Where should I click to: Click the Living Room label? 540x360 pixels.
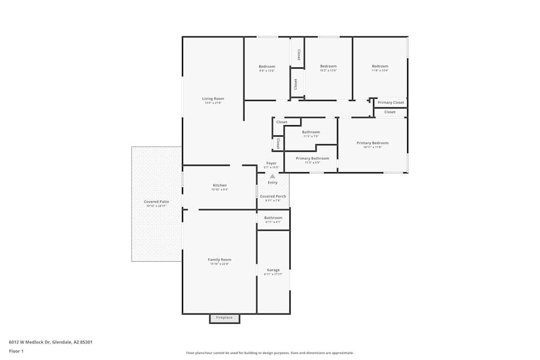click(213, 99)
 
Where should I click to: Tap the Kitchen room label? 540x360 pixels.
click(219, 186)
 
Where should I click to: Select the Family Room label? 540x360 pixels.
click(219, 260)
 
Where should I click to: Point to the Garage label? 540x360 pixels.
click(273, 270)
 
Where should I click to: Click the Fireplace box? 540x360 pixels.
click(224, 318)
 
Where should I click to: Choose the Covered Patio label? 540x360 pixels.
click(156, 202)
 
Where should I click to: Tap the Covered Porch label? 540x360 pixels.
click(273, 196)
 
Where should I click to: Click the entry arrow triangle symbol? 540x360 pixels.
click(273, 176)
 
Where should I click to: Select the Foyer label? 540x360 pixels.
click(271, 163)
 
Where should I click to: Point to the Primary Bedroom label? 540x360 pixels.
click(372, 143)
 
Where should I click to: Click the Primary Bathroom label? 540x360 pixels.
click(312, 158)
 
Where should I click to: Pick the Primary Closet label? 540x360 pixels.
click(391, 103)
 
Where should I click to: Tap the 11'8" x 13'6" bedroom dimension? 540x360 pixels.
click(380, 71)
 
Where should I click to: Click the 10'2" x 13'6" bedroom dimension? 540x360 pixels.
click(328, 71)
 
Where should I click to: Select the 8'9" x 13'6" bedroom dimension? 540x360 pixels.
click(267, 71)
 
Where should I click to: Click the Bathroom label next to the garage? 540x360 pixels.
click(273, 218)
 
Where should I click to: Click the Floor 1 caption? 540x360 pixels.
click(16, 351)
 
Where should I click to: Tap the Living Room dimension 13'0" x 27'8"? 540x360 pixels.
click(213, 103)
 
